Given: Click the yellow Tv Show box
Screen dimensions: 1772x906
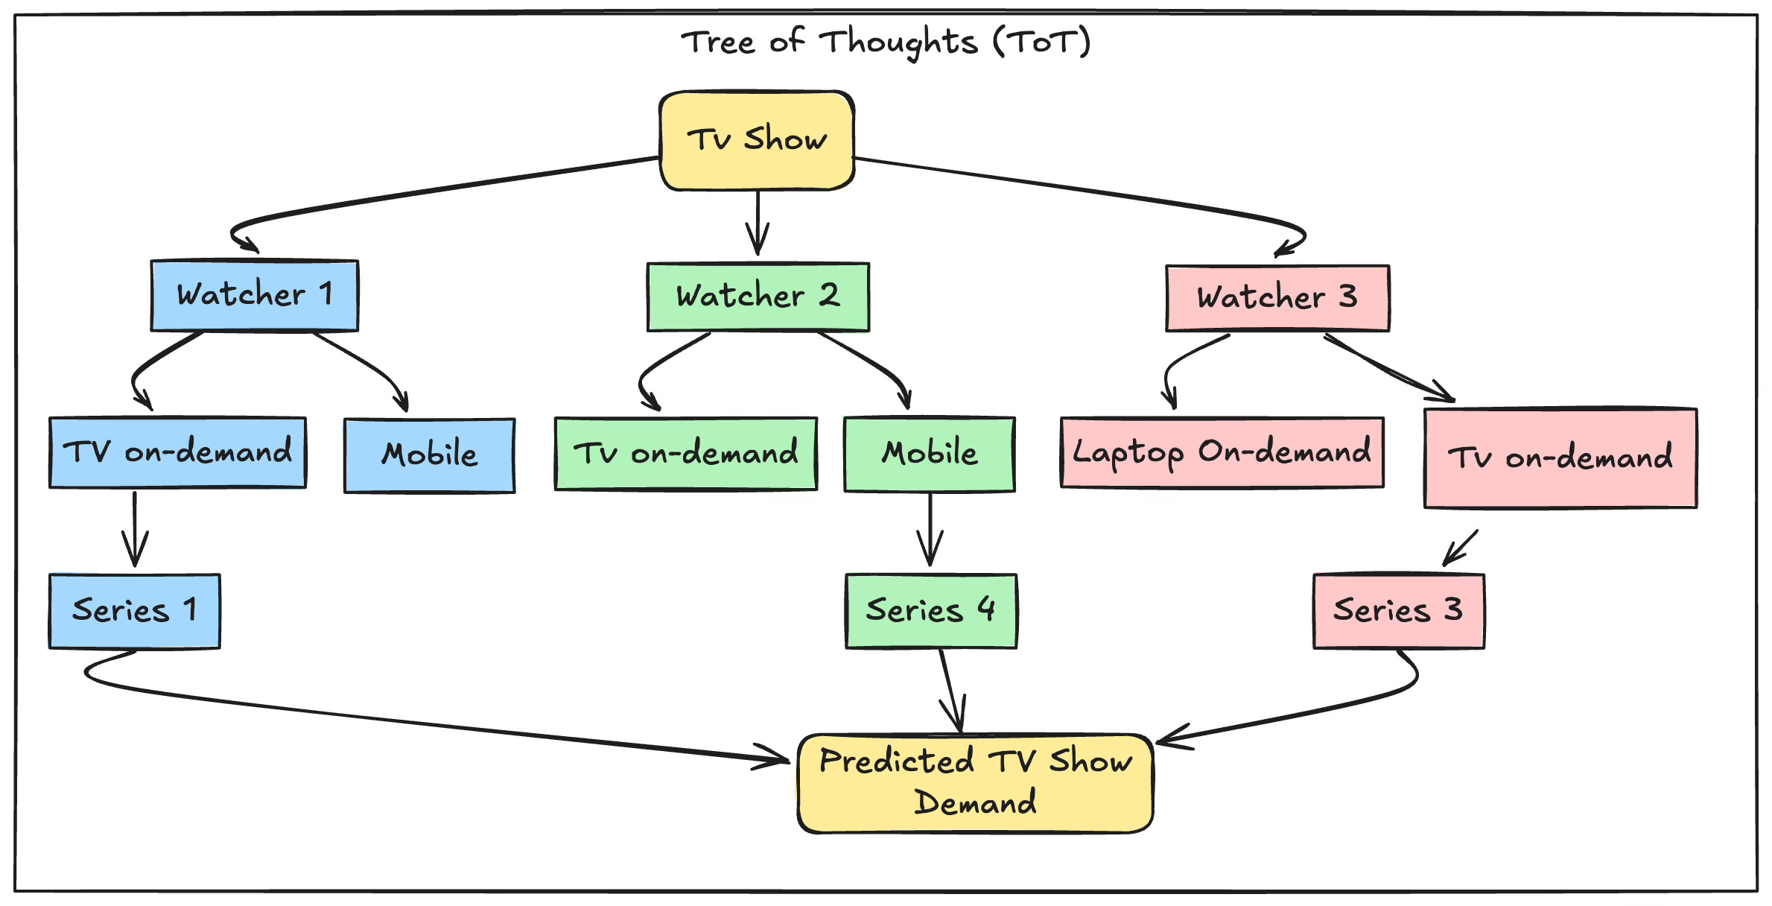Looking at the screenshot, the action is coord(757,140).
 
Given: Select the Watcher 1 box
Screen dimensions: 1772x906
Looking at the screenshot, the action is coord(255,295).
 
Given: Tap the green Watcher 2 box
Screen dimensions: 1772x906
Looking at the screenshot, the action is coord(758,297).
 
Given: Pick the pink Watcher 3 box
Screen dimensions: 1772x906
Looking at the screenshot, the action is coord(1277,297).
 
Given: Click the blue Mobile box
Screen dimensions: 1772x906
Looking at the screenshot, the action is coord(429,455).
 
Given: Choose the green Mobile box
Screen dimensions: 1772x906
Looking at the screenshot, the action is coord(929,454).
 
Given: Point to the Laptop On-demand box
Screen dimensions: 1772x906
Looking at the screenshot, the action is coord(1222,452).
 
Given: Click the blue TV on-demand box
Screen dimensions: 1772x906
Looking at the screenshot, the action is coord(177,452).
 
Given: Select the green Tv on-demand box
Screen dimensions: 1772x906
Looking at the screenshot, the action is coord(685,453).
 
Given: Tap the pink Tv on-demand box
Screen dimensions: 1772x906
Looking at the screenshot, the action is coord(1560,458).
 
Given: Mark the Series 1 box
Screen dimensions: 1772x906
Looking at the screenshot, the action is coord(134,611).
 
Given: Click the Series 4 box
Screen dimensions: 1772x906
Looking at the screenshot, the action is coord(931,611).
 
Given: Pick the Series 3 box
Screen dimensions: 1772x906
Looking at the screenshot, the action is coord(1399,611).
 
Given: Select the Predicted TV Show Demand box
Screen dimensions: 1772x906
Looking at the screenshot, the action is coord(975,783).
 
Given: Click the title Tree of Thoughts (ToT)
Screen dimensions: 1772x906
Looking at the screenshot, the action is coord(886,42).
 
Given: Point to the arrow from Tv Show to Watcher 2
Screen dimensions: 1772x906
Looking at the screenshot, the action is coord(758,223).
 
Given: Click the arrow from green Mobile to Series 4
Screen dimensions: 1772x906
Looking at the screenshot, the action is coord(930,530).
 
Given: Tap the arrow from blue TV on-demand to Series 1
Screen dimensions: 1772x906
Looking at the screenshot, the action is coord(135,529).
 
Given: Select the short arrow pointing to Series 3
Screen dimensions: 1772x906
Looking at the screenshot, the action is coord(1460,548).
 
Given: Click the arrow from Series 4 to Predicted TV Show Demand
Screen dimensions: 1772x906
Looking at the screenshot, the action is coord(952,691).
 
